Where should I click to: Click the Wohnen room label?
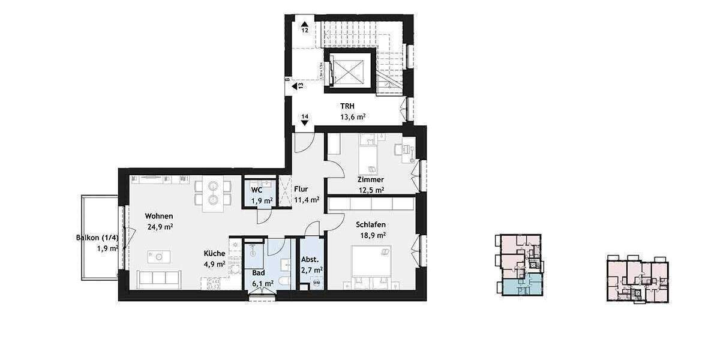(x=159, y=216)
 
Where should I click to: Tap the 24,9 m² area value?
(x=160, y=227)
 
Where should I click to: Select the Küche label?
(x=214, y=253)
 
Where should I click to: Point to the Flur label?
(x=301, y=189)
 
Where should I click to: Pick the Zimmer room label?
(x=370, y=179)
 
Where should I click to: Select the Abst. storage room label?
(x=311, y=260)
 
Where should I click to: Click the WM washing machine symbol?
(x=316, y=283)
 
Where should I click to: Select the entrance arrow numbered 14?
(x=305, y=119)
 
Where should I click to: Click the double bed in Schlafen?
(x=371, y=267)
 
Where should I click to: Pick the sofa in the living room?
(x=158, y=279)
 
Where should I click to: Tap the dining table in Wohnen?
(x=212, y=193)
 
